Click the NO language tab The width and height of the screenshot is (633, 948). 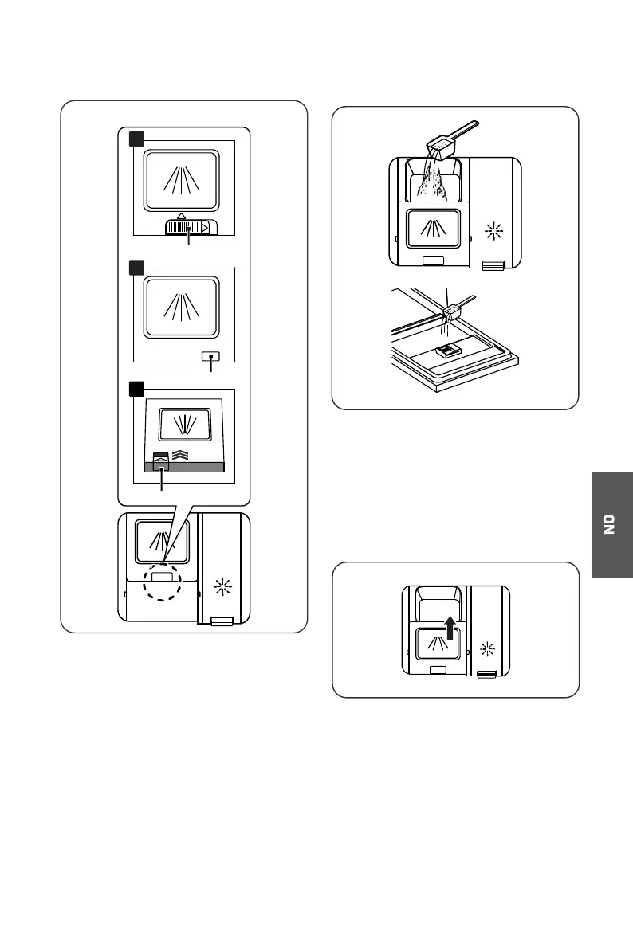[x=612, y=525]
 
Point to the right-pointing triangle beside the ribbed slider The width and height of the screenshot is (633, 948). [x=204, y=228]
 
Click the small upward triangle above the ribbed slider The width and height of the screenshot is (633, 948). [x=182, y=215]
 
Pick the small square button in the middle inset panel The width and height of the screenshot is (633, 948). [x=210, y=357]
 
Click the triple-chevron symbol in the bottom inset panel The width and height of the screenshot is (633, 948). [x=179, y=456]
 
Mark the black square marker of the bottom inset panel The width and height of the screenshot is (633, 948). [x=136, y=389]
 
